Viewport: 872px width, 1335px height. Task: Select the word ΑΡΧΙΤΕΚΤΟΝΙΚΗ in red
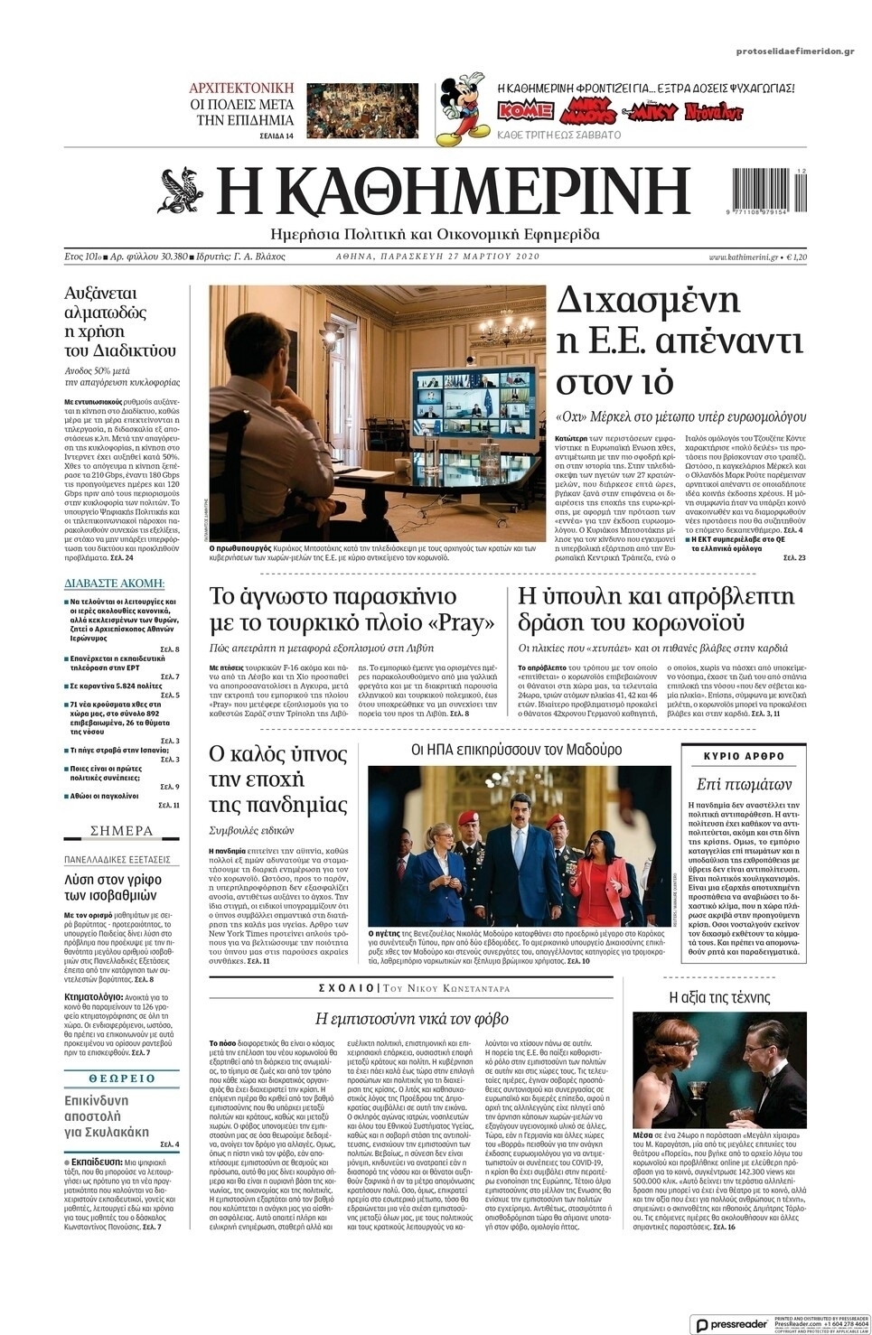click(241, 88)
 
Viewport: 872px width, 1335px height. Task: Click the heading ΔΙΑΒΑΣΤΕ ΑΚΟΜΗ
click(114, 583)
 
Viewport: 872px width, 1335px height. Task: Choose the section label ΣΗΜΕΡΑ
click(122, 830)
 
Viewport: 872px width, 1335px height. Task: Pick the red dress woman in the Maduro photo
click(592, 867)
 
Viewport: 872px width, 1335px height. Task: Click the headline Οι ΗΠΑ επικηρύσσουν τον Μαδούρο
click(517, 750)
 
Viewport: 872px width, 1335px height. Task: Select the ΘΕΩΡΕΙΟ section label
click(122, 1078)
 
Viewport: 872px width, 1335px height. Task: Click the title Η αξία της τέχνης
click(719, 997)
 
